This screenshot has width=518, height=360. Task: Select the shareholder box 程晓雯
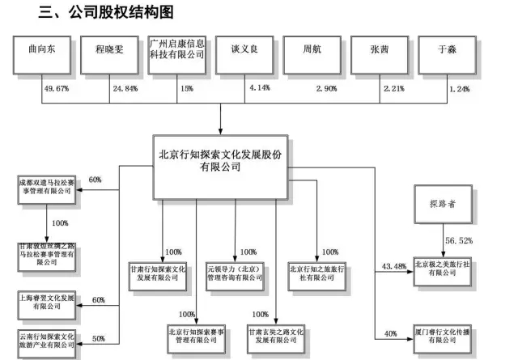click(108, 56)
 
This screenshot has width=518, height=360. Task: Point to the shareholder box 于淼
click(443, 56)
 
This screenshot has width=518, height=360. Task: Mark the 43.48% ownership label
click(392, 268)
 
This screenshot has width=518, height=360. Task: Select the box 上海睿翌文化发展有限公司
click(45, 303)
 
